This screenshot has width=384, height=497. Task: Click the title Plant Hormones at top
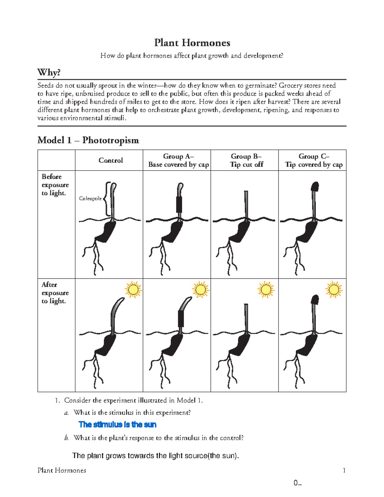point(192,43)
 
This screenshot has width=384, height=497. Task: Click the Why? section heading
point(49,73)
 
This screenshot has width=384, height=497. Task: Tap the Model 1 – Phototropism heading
point(88,140)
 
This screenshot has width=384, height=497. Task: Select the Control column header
point(110,160)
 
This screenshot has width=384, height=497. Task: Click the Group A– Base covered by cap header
point(178,160)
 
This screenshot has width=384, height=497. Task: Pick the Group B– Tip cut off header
point(246,160)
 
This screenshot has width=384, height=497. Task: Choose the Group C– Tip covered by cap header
point(314,160)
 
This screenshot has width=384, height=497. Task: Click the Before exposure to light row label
point(55,185)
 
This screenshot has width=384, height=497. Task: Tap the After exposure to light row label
point(55,293)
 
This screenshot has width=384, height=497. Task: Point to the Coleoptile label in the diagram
point(90,198)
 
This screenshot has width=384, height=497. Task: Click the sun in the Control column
point(133,290)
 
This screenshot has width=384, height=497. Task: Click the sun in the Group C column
point(334,290)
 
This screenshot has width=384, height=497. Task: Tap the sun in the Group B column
point(266,290)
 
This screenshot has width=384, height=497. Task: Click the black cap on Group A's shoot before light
point(179,205)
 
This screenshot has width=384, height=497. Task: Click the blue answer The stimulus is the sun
point(117,425)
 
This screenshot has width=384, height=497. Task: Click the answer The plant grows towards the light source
point(156,456)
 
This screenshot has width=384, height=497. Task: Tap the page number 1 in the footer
point(344,470)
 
